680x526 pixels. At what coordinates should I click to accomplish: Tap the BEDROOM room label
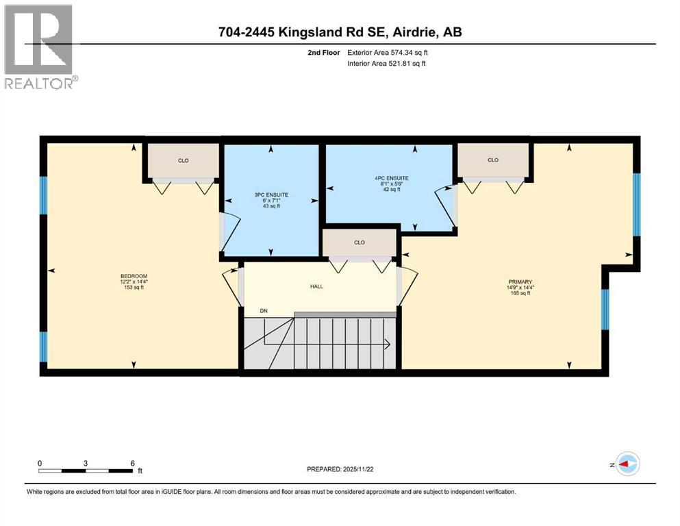coord(132,277)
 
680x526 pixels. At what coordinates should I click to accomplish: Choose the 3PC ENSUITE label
coord(271,195)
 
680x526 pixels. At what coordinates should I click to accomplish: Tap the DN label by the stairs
coord(264,311)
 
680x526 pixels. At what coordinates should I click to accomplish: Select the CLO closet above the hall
coord(360,242)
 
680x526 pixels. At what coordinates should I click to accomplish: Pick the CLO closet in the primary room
coord(493,160)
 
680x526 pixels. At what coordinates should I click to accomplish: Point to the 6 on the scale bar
coord(131,463)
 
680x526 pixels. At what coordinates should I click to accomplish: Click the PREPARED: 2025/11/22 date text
coord(342,469)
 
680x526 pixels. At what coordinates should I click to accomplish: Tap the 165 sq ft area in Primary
coord(520,292)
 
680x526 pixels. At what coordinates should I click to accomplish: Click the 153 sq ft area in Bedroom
coord(132,288)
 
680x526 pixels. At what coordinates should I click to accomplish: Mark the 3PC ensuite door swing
coord(229,231)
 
